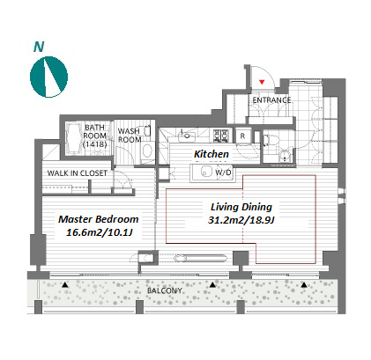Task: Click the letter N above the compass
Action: pyautogui.click(x=39, y=47)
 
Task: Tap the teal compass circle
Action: pyautogui.click(x=48, y=77)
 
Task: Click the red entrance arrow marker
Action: pyautogui.click(x=262, y=82)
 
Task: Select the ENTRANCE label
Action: pyautogui.click(x=271, y=100)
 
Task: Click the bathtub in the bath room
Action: pyautogui.click(x=74, y=138)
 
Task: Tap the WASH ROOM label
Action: pyautogui.click(x=130, y=136)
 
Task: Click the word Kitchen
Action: pyautogui.click(x=211, y=154)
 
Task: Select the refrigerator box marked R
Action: pyautogui.click(x=242, y=136)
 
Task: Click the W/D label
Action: pyautogui.click(x=223, y=173)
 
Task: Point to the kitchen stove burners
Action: pyautogui.click(x=220, y=136)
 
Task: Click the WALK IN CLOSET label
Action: pyautogui.click(x=78, y=173)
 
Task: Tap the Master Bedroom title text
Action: pyautogui.click(x=99, y=219)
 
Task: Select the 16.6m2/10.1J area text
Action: pyautogui.click(x=99, y=232)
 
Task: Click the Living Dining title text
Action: pyautogui.click(x=241, y=207)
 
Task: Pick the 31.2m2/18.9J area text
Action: pyautogui.click(x=241, y=220)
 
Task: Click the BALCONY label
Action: pyautogui.click(x=165, y=290)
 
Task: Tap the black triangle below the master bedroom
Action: pyautogui.click(x=65, y=284)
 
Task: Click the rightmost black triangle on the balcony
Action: pyautogui.click(x=304, y=284)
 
